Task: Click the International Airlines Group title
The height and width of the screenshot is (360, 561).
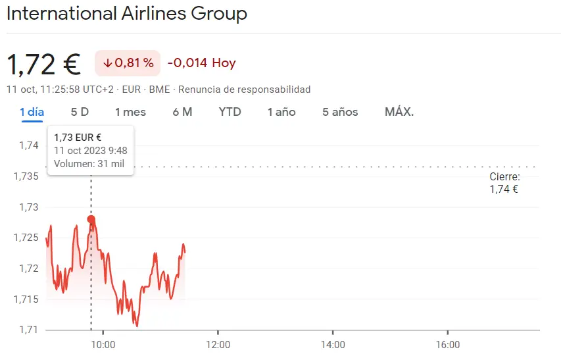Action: coord(127,13)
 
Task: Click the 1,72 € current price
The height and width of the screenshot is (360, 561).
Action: coord(43,64)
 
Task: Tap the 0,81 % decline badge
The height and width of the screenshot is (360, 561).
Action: coord(128,63)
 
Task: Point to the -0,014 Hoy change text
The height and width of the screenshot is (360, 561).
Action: coord(201,63)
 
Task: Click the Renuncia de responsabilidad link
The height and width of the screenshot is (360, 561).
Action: coord(244,90)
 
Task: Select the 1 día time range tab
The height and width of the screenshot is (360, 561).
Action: coord(32,112)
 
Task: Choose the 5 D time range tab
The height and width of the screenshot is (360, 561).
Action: coord(80,112)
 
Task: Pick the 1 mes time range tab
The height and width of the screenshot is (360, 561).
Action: coord(130,112)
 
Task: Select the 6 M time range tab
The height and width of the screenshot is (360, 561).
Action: coord(182,112)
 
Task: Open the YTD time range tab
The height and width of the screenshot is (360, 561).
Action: coord(230,112)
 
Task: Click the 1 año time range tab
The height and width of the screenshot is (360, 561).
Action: coord(281,112)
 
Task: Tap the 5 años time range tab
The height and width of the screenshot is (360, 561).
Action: coord(340,112)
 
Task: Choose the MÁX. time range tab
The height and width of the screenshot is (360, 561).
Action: coord(399,112)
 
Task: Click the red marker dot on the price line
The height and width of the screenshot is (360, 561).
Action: coord(91,220)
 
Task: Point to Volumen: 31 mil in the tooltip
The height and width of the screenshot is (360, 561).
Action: coord(89,164)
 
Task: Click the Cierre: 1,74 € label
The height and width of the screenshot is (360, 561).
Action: coord(504,183)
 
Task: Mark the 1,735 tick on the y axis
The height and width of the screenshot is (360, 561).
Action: coord(26,176)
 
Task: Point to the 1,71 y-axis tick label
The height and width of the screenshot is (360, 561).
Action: coord(29,329)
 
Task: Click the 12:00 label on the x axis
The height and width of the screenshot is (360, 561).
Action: coord(218,344)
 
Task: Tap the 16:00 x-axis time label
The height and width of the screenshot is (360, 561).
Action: coord(447,344)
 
